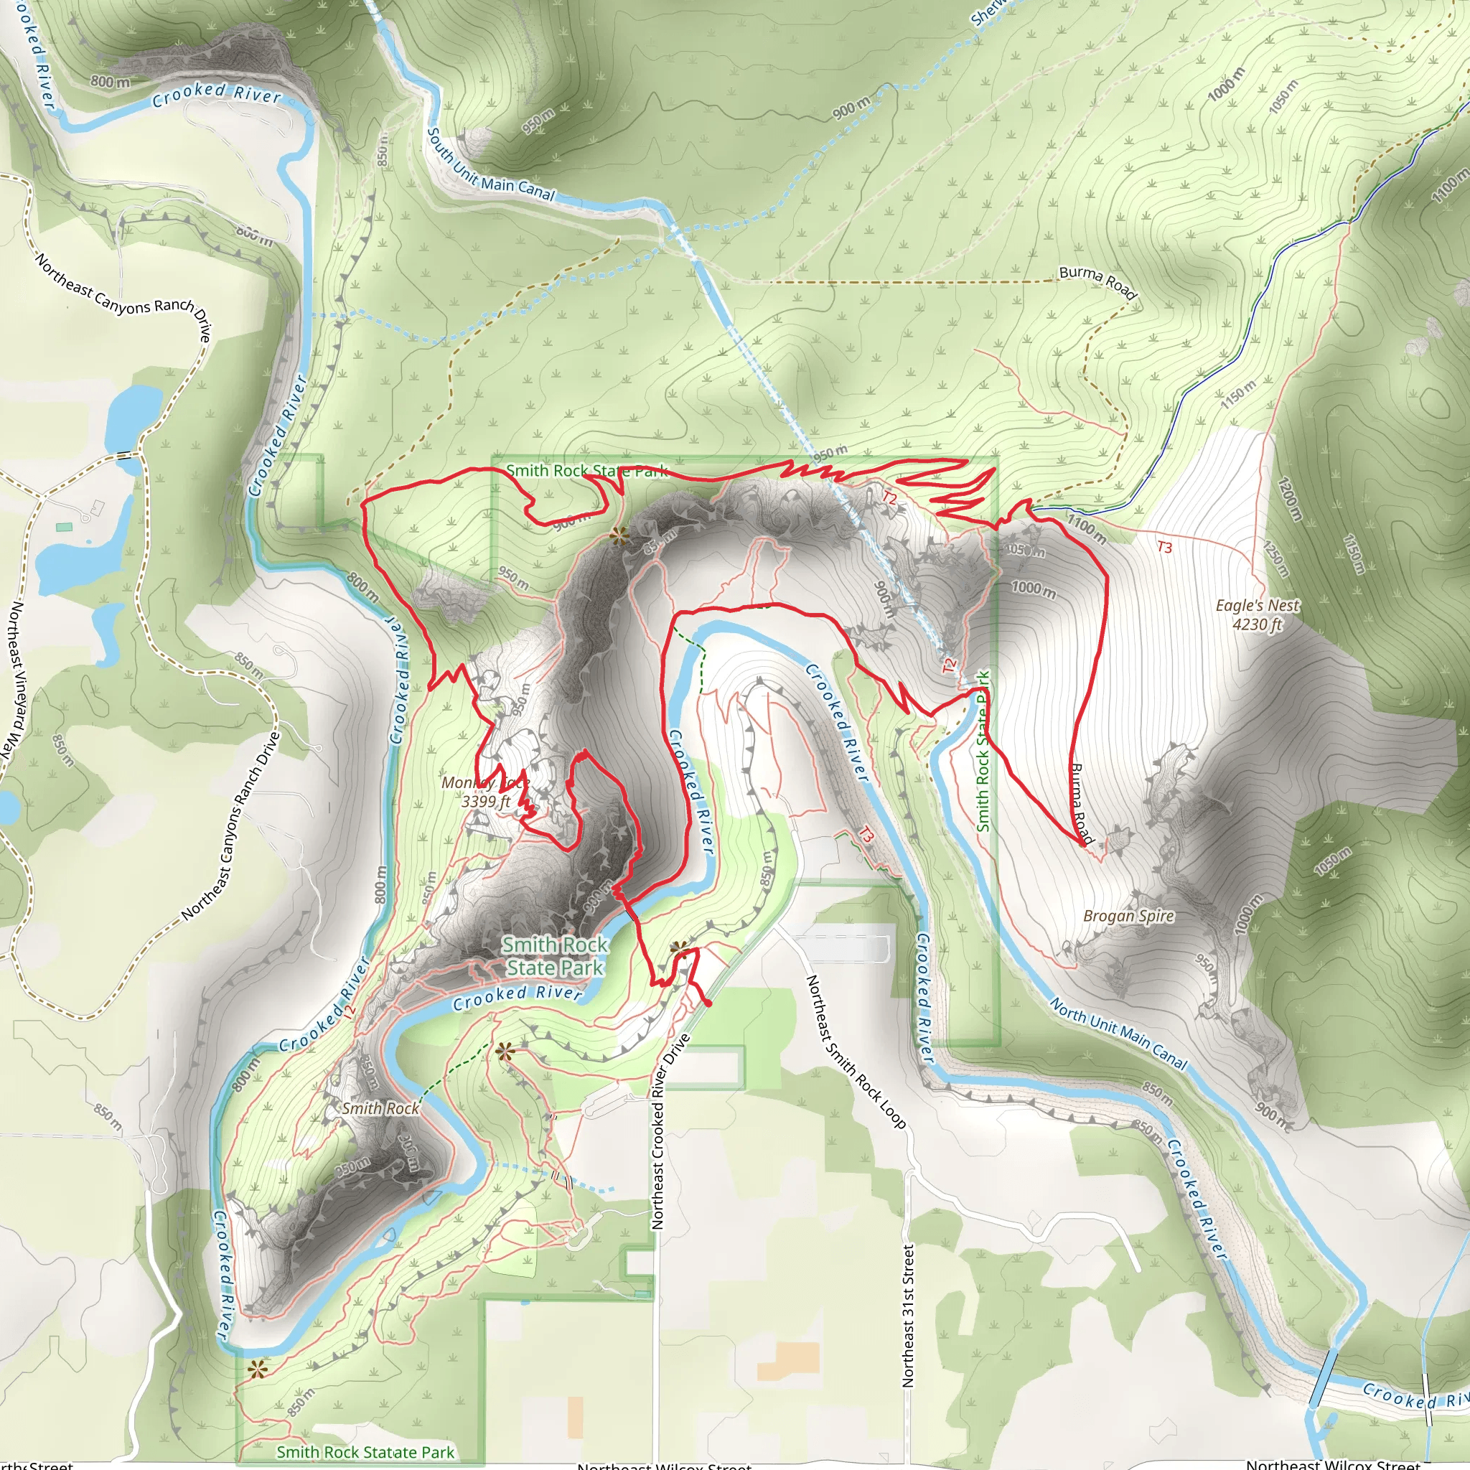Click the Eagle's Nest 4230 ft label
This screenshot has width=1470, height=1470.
click(1257, 615)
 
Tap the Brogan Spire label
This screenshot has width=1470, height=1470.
click(1128, 916)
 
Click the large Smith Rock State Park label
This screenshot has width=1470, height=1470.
click(555, 956)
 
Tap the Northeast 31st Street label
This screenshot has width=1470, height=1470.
click(907, 1316)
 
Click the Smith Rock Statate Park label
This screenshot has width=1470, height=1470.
click(365, 1452)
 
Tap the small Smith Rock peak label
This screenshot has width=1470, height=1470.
click(380, 1108)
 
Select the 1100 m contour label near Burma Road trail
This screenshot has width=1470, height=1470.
click(1087, 528)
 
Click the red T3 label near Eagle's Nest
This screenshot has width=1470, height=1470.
click(1164, 547)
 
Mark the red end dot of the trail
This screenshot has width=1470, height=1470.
click(708, 1004)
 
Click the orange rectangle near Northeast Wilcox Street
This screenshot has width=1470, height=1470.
click(788, 1360)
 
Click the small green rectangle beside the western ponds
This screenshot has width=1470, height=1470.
click(65, 527)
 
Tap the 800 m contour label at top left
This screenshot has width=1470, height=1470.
click(110, 81)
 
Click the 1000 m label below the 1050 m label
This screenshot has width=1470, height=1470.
click(1034, 588)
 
